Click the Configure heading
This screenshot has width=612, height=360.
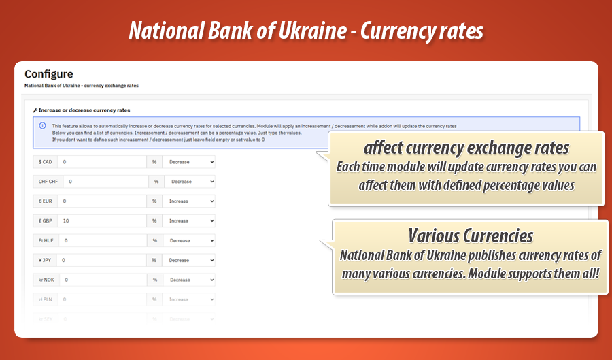coord(48,74)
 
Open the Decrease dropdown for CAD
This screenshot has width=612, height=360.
coord(190,162)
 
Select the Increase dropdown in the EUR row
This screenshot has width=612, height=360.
coord(190,201)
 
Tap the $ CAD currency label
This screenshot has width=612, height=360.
coord(46,162)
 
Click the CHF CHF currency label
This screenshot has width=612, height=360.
coord(48,182)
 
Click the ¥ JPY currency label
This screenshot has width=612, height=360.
coord(46,260)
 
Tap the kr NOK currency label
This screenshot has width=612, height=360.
coord(47,280)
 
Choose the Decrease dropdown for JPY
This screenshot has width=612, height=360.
coord(190,260)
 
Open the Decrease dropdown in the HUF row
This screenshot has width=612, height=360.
coord(190,241)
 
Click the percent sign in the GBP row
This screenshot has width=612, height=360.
coord(154,221)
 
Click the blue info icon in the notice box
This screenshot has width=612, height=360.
coord(42,126)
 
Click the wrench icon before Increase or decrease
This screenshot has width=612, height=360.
coord(35,110)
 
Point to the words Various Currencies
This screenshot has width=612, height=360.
coord(470,235)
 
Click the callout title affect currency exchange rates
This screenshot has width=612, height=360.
coord(466,147)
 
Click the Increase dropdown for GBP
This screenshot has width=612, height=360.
coord(190,221)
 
